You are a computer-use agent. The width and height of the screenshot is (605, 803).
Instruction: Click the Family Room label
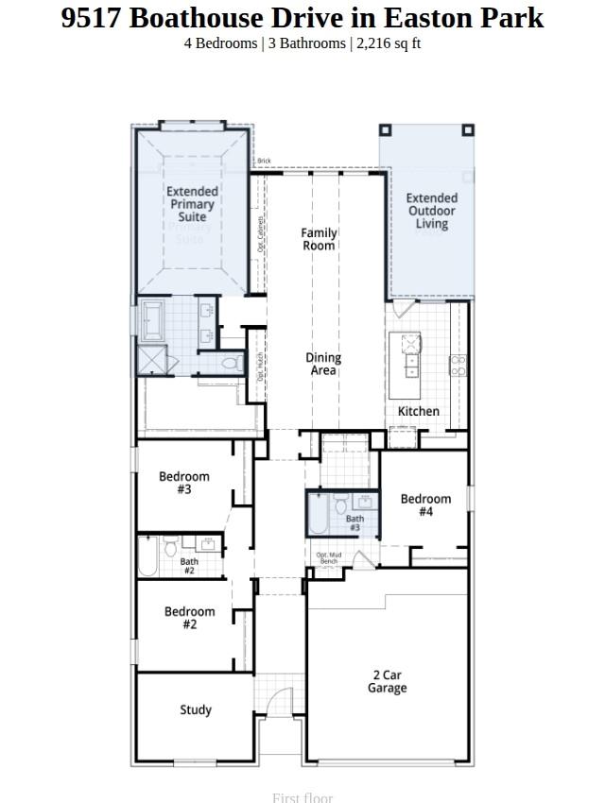319,239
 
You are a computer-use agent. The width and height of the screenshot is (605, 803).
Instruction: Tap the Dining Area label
323,364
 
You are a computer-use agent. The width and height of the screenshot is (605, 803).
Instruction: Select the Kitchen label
418,411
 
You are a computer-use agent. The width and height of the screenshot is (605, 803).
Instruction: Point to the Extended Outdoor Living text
432,211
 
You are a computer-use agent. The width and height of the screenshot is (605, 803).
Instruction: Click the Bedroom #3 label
183,483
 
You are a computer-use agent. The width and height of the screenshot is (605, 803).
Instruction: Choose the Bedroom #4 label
425,504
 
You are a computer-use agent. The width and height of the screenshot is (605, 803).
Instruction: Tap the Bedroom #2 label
189,618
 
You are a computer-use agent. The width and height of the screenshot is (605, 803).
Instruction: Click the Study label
196,709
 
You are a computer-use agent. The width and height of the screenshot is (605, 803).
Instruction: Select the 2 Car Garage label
387,681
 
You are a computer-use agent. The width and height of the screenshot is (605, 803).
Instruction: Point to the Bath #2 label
189,566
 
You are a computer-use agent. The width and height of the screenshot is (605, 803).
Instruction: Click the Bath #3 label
354,522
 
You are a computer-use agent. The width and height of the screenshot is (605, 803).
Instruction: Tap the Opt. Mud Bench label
328,558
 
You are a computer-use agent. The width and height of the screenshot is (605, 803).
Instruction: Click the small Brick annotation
264,162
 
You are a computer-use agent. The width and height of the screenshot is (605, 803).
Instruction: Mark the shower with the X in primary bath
152,361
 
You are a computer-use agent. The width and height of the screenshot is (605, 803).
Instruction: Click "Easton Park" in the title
482,17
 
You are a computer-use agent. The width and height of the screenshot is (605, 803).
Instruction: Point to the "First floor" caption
302,797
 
